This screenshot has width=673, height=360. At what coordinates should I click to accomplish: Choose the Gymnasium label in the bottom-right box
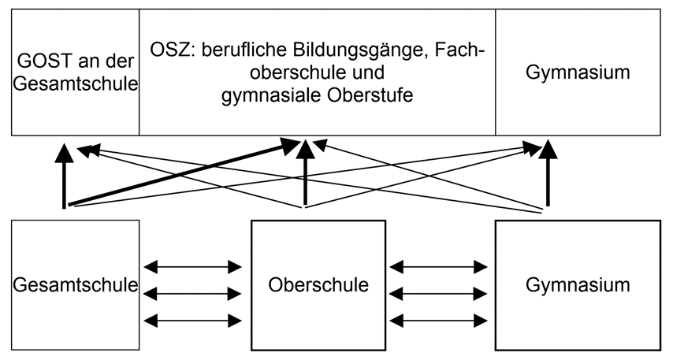click(578, 284)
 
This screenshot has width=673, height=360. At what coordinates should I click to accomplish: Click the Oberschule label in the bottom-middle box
click(318, 284)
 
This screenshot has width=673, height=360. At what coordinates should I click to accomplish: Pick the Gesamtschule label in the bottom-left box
click(76, 284)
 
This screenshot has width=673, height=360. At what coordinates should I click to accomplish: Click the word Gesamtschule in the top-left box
click(76, 84)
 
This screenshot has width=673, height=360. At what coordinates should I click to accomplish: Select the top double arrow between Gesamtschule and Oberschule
click(194, 266)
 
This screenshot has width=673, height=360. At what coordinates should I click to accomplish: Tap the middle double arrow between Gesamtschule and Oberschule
click(194, 294)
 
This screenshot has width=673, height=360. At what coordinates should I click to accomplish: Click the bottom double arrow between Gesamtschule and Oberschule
click(194, 321)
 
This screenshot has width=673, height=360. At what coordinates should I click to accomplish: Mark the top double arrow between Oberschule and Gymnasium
click(440, 266)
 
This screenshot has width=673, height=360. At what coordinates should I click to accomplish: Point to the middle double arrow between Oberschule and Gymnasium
click(440, 294)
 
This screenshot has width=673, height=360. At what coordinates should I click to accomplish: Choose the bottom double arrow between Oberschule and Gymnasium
click(440, 321)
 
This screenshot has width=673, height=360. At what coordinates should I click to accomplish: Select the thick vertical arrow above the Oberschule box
click(305, 177)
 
